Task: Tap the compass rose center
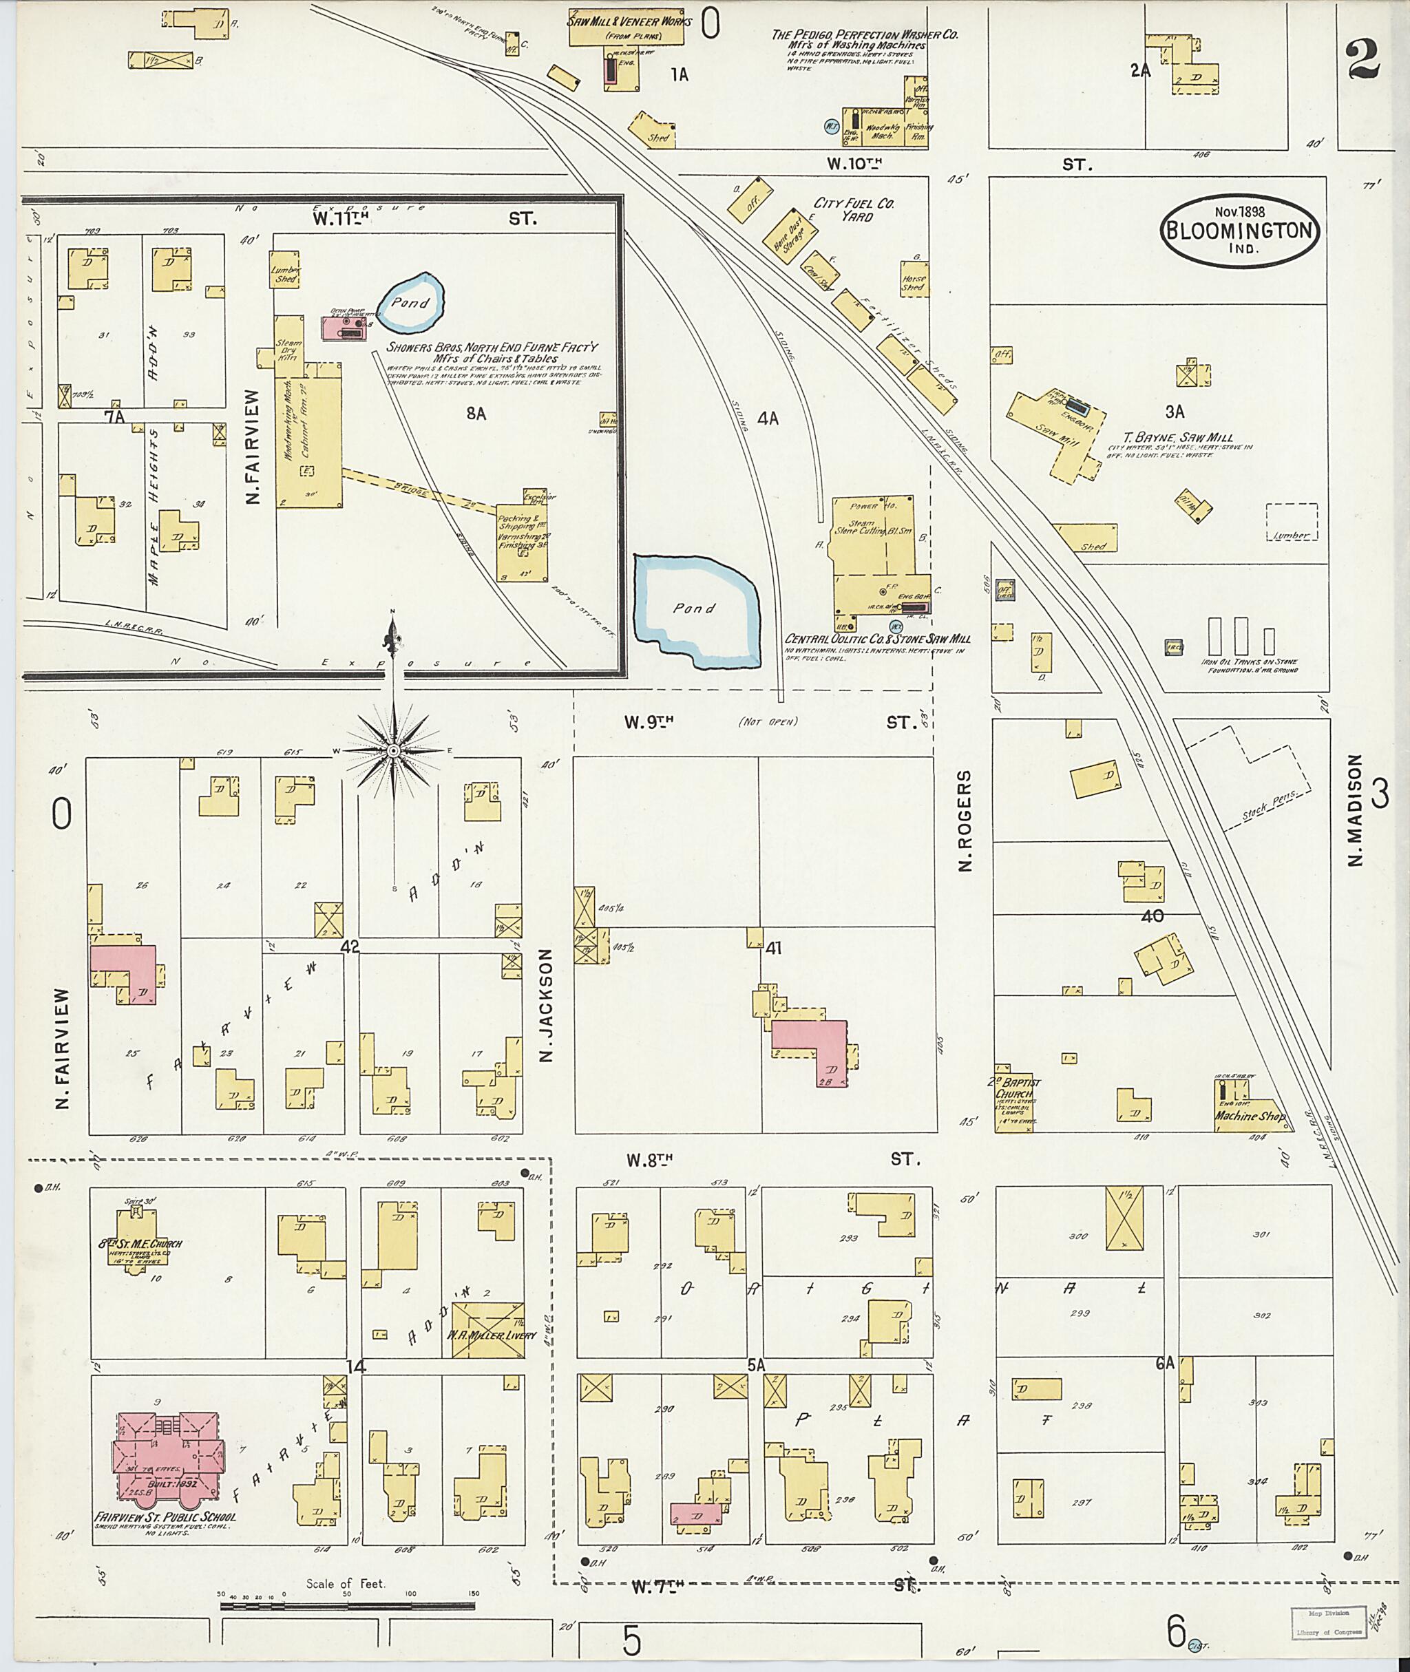click(x=393, y=751)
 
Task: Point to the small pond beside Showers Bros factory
click(x=411, y=302)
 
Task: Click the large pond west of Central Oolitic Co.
click(x=694, y=611)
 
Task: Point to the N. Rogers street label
click(x=965, y=821)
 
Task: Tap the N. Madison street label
click(x=1354, y=810)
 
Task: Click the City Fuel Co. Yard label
click(x=854, y=209)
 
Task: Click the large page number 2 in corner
click(x=1362, y=61)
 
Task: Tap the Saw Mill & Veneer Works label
click(x=629, y=21)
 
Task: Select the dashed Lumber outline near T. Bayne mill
click(x=1292, y=522)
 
